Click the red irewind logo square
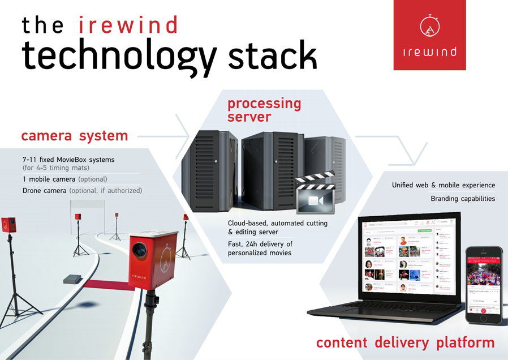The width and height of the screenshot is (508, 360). pos(429,35)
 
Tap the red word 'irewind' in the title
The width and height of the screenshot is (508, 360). pos(128,25)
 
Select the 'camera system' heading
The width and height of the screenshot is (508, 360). pos(74,136)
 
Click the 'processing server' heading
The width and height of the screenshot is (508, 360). pos(264,110)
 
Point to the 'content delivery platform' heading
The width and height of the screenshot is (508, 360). pos(405,342)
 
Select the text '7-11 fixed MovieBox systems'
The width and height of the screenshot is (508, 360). pos(68,160)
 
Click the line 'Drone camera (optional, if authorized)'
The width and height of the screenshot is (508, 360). pos(82,191)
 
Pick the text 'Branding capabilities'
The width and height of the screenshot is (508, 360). pos(462,199)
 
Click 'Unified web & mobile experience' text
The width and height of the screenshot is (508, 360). pos(443,185)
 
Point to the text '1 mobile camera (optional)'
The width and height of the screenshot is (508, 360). pos(64,179)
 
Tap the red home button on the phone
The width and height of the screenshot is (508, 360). pos(484,318)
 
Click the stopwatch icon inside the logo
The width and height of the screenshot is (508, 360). pos(430,26)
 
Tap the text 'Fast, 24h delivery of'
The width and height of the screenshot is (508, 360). pos(260,244)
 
